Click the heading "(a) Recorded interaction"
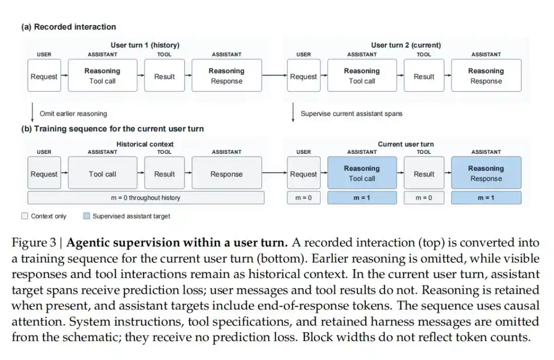click(69, 27)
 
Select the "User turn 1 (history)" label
click(145, 45)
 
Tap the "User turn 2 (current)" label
click(406, 45)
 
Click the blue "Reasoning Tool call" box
click(362, 173)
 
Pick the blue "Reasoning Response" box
click(486, 173)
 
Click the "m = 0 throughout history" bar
click(146, 198)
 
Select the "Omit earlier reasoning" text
click(73, 114)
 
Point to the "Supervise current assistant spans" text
click(351, 114)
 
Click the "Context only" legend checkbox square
click(25, 216)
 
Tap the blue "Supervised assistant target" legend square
click(87, 216)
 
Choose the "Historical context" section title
click(145, 144)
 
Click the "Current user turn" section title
click(406, 144)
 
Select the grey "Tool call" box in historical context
click(103, 173)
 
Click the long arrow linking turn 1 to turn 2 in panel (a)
click(274, 75)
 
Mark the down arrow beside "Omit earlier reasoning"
click(32, 112)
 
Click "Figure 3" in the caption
click(34, 243)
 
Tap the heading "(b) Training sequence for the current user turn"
click(112, 129)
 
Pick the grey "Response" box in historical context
click(227, 173)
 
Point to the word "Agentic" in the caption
click(88, 243)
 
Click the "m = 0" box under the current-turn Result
click(424, 198)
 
